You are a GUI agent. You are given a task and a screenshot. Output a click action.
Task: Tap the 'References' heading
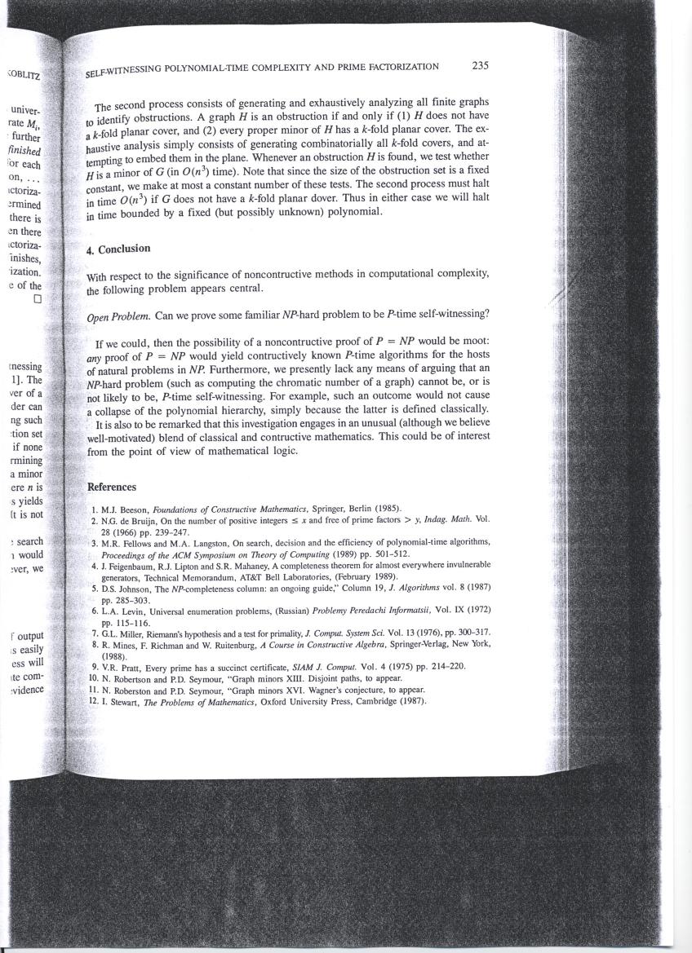(112, 487)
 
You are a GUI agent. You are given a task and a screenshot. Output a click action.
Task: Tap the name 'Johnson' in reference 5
(134, 587)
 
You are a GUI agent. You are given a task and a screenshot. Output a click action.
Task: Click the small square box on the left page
(37, 298)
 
